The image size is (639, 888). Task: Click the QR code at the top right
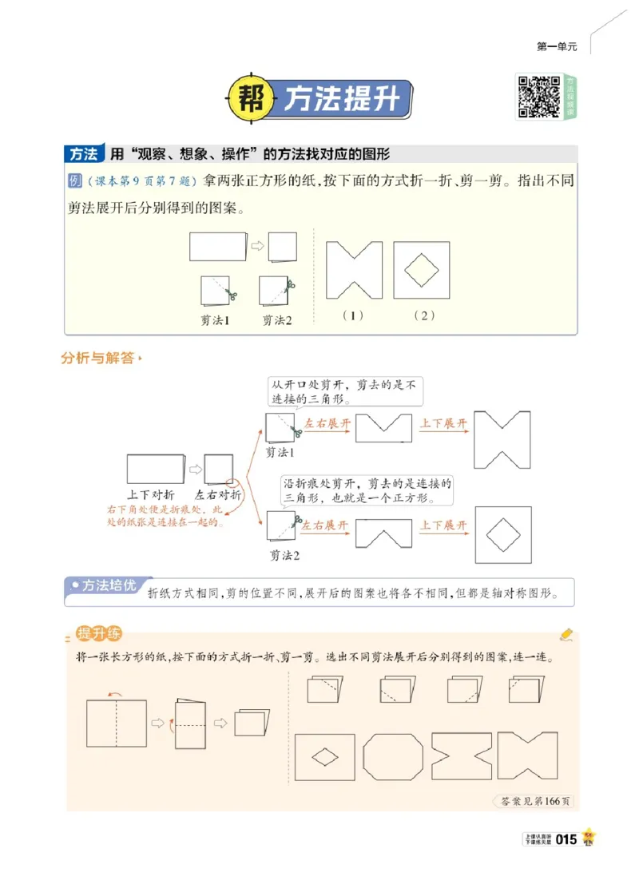coord(539,97)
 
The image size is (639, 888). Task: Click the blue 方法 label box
coord(84,153)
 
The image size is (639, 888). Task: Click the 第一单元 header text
coord(557,47)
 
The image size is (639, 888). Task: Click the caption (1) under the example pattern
coord(352,315)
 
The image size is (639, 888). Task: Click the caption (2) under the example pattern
coord(423,315)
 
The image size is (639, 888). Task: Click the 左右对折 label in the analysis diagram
coord(218,495)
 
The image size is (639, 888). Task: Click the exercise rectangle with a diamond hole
coord(324,757)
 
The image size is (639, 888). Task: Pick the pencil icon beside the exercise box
coord(567,634)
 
